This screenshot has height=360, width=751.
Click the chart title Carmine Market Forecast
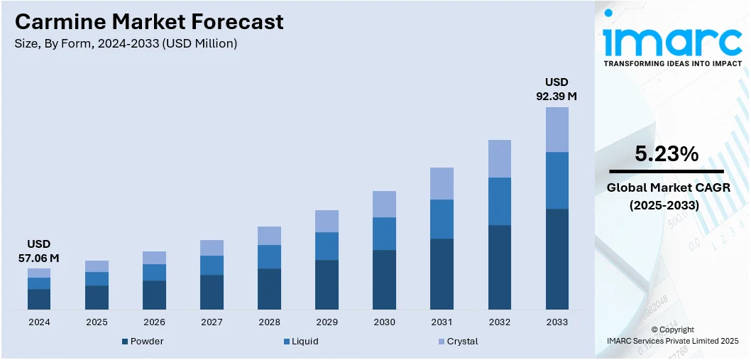point(148,21)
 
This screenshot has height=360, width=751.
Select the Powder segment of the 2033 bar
point(557,258)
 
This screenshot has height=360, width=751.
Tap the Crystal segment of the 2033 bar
point(557,129)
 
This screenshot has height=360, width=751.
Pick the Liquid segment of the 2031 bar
point(442,219)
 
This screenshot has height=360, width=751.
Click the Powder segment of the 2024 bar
point(39,299)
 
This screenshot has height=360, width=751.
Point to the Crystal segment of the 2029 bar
point(327,221)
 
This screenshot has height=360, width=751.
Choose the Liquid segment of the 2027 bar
point(212,265)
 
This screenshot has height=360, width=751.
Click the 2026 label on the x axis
point(154,322)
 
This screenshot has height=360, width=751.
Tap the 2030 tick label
point(384,322)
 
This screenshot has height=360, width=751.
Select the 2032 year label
point(499,322)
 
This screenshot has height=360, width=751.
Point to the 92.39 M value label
point(557,96)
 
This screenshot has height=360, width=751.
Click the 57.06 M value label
point(38,258)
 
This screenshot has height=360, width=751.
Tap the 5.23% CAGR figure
point(667,153)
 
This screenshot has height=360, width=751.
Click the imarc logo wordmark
point(671,41)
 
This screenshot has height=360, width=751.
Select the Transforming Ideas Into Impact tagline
point(672,63)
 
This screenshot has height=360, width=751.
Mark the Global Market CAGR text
point(667,187)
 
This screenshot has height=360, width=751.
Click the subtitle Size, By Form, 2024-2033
point(126,43)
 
